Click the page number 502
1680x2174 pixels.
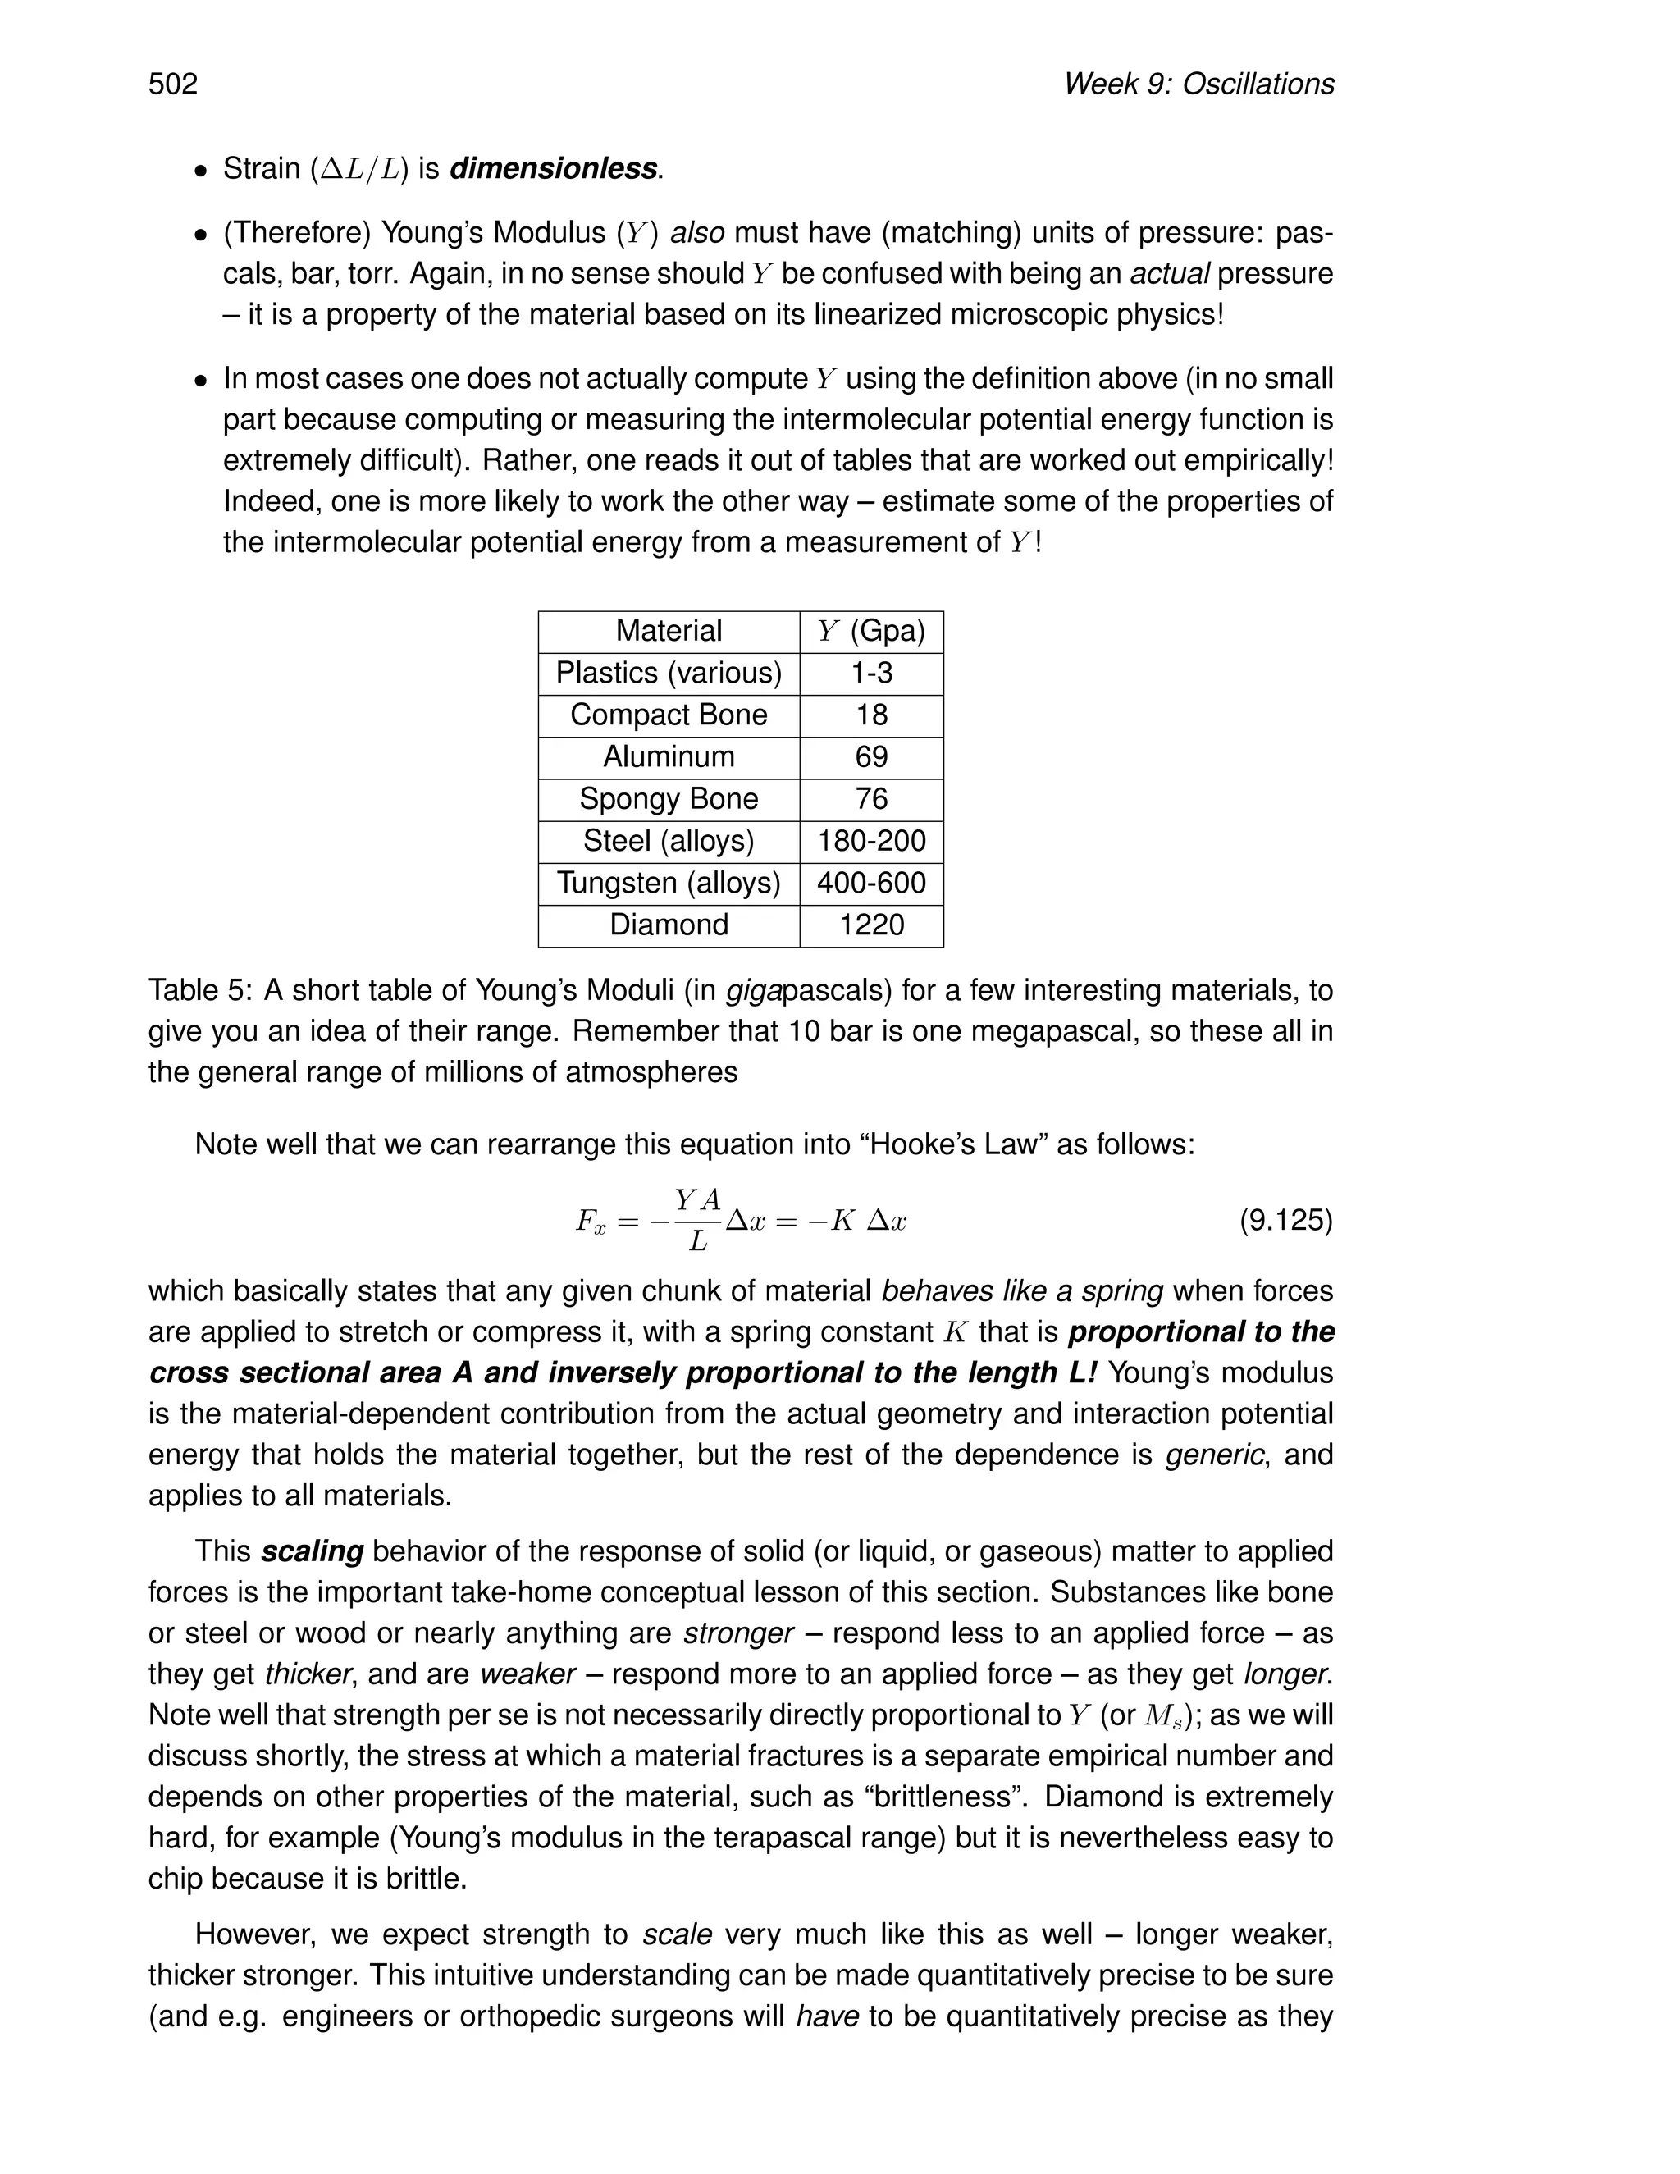tap(173, 84)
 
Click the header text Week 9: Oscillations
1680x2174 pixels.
tap(1198, 84)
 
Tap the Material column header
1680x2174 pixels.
tap(669, 631)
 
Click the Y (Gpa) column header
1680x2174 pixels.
tap(871, 631)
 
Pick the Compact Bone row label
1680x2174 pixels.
tap(669, 715)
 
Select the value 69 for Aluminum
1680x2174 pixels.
tap(871, 756)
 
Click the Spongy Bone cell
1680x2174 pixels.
tap(669, 798)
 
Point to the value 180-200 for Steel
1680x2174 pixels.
tap(871, 841)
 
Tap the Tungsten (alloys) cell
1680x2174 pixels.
tap(669, 883)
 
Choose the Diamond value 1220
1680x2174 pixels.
tap(871, 925)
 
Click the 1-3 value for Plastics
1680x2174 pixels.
tap(871, 673)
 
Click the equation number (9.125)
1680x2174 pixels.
tap(1285, 1221)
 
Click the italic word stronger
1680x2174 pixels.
tap(737, 1633)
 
